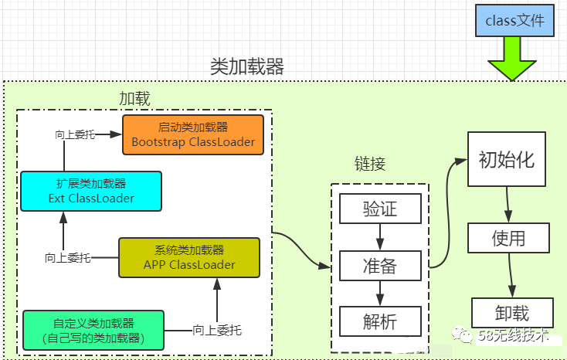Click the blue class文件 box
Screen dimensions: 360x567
click(x=515, y=21)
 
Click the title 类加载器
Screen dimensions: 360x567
click(x=247, y=66)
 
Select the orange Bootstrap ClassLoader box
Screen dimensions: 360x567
click(x=192, y=134)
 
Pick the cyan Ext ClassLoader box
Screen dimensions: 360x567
click(x=90, y=191)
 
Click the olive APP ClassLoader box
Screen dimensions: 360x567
click(x=189, y=257)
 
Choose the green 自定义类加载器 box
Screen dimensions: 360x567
click(x=94, y=330)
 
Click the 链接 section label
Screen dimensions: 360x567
click(x=369, y=164)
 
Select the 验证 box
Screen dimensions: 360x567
click(x=380, y=210)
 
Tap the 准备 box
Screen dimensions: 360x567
click(x=380, y=267)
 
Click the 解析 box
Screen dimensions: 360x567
click(x=380, y=321)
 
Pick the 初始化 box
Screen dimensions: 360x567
click(x=507, y=161)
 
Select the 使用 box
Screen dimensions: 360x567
click(x=508, y=238)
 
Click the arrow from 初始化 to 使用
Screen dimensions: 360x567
click(x=508, y=207)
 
